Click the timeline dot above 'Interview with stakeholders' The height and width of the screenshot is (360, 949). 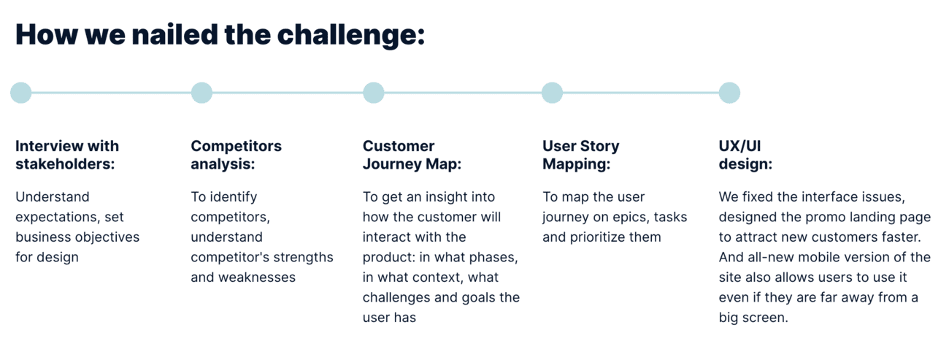(x=20, y=93)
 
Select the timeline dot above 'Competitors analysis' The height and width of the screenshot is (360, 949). (x=201, y=93)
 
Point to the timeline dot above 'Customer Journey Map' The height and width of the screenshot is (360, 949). (x=374, y=93)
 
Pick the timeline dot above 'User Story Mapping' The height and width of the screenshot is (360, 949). (x=552, y=93)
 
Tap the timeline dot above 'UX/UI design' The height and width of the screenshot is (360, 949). (x=729, y=93)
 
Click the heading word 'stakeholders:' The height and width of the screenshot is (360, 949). (x=65, y=164)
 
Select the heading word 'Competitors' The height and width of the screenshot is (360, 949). (x=236, y=146)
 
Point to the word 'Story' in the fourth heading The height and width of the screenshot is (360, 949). (x=600, y=147)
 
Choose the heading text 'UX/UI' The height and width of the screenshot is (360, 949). (x=739, y=146)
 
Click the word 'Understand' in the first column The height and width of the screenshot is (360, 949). (x=53, y=196)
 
